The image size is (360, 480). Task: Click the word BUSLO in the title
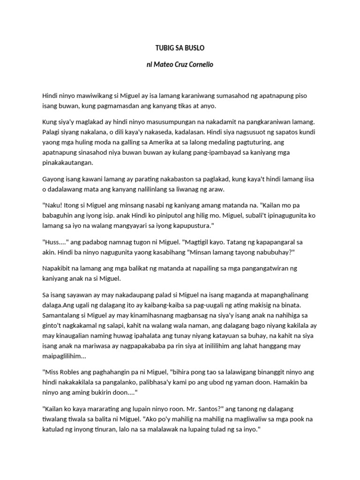194,48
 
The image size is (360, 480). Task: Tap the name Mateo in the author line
166,64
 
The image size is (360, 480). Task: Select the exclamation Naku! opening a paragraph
51,205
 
